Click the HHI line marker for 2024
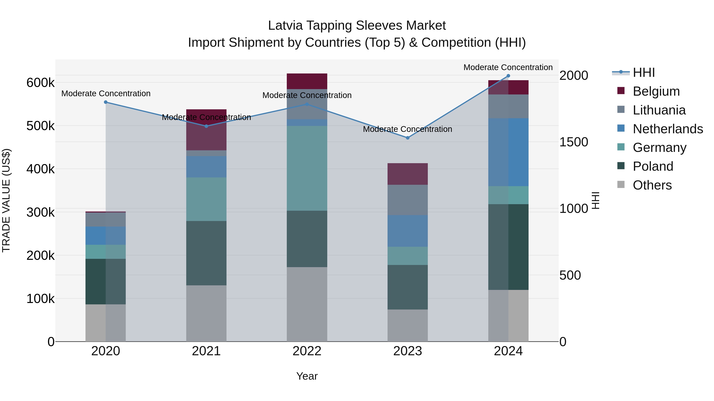tap(508, 76)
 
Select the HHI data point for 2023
tap(407, 138)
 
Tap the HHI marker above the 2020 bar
tap(106, 102)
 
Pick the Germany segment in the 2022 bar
tap(307, 168)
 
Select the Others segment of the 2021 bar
tap(206, 313)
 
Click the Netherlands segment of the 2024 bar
tap(508, 152)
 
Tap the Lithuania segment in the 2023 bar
tap(407, 200)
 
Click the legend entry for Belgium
tap(656, 91)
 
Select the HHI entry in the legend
tap(644, 72)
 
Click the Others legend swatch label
tap(652, 185)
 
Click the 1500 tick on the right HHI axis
tap(573, 142)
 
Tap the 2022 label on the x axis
tap(307, 351)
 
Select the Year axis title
tap(307, 376)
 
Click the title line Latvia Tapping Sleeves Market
tap(357, 26)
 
